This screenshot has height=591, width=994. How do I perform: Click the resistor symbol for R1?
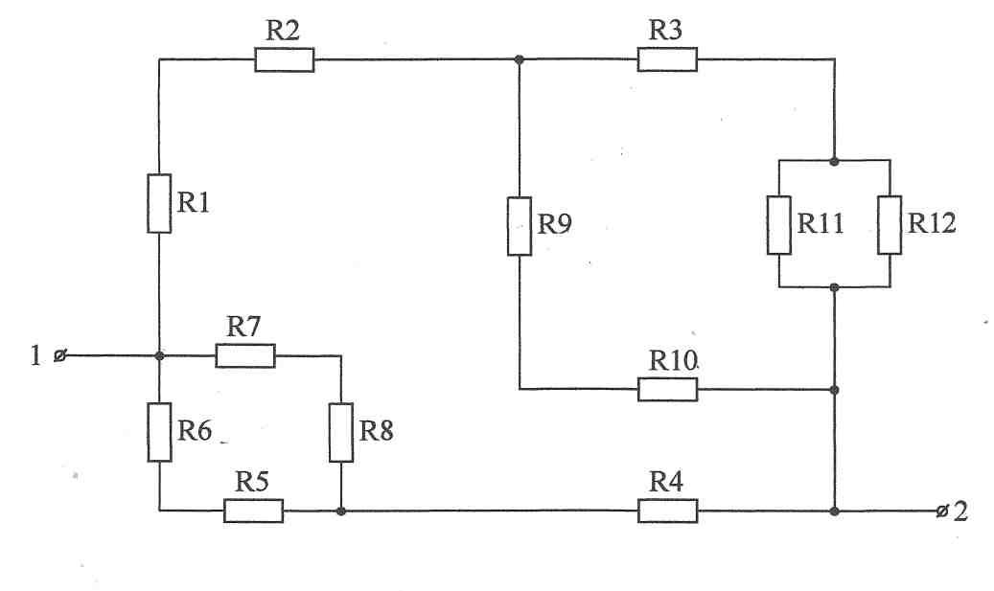159,203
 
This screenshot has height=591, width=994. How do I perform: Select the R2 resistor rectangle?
285,59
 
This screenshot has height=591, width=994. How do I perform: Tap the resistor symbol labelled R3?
667,59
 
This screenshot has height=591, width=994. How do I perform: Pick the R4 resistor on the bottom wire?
667,511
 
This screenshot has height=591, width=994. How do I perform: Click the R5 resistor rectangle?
254,511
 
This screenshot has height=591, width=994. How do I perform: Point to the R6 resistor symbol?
159,432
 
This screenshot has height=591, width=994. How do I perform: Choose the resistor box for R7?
245,356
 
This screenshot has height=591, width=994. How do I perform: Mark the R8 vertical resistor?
341,432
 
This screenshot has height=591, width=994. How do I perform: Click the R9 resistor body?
520,226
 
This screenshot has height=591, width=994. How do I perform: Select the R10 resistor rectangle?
667,390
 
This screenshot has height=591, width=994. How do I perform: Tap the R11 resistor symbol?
779,225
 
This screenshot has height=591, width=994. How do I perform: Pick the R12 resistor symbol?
890,225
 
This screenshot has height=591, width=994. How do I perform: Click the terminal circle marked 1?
59,356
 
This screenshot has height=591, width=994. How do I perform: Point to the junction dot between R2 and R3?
520,59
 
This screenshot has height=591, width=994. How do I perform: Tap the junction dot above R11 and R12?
834,162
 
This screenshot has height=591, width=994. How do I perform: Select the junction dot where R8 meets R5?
341,511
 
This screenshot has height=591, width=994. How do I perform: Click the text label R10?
673,361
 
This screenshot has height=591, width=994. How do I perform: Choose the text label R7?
244,327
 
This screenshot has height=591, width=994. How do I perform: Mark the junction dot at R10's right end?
834,390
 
